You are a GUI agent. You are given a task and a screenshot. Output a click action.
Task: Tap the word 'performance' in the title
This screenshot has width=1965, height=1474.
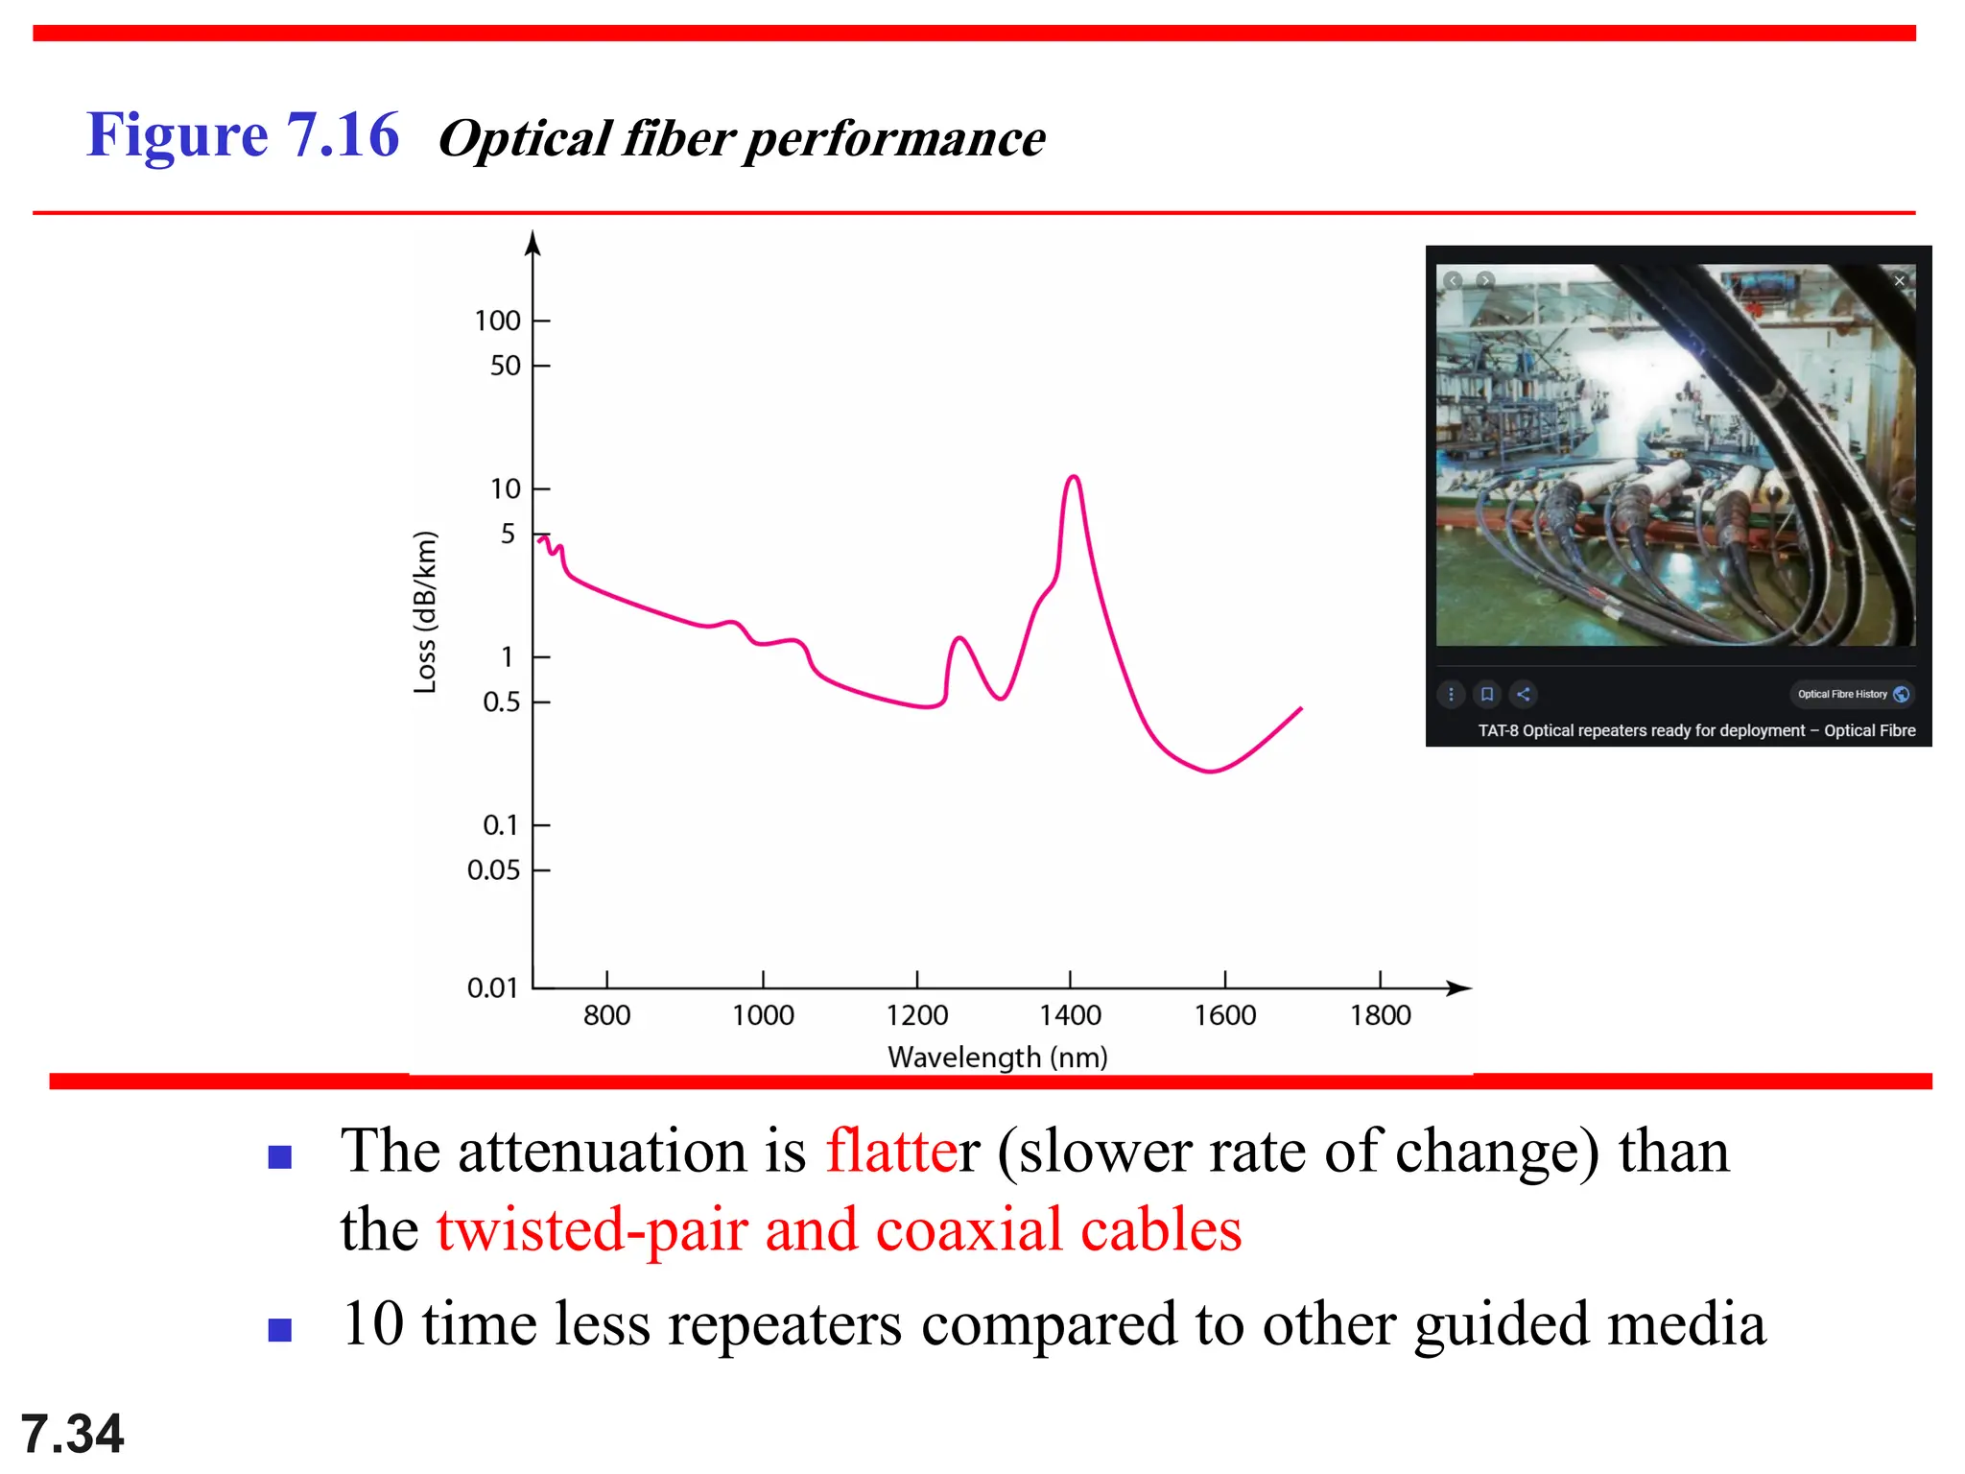pos(894,139)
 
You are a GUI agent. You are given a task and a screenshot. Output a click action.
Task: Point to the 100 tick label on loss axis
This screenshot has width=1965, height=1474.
pos(497,321)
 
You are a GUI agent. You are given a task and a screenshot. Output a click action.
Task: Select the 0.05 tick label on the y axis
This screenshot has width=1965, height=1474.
pos(493,870)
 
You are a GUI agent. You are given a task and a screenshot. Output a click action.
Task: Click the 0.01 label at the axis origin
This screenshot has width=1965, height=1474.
pos(492,987)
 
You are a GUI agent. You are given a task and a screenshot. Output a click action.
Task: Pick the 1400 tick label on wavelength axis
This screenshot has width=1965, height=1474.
pos(1070,1015)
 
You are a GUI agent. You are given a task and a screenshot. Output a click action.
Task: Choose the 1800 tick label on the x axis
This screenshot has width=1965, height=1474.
pos(1380,1015)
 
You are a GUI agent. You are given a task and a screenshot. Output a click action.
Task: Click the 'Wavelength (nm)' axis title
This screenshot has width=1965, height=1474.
pos(998,1058)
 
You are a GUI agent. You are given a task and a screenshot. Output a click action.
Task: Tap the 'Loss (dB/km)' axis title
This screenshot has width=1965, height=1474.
pos(425,612)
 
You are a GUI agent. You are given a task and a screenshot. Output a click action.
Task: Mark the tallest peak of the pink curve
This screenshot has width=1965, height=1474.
pos(1073,477)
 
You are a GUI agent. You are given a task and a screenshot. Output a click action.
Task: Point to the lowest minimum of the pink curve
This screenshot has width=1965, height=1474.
pos(1211,771)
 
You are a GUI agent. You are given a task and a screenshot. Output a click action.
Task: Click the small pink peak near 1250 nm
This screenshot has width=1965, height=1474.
pos(958,638)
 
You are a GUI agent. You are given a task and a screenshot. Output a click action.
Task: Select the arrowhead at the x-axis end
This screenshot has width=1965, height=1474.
pos(1460,987)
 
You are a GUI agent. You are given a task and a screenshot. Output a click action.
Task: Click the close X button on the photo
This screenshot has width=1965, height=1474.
pos(1899,281)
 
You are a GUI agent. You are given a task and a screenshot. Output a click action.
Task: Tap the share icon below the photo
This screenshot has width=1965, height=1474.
pos(1523,694)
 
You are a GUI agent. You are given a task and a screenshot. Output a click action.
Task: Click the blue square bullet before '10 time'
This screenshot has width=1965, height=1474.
pos(280,1330)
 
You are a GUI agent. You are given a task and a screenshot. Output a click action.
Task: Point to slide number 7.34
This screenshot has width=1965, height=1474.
pos(72,1434)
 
